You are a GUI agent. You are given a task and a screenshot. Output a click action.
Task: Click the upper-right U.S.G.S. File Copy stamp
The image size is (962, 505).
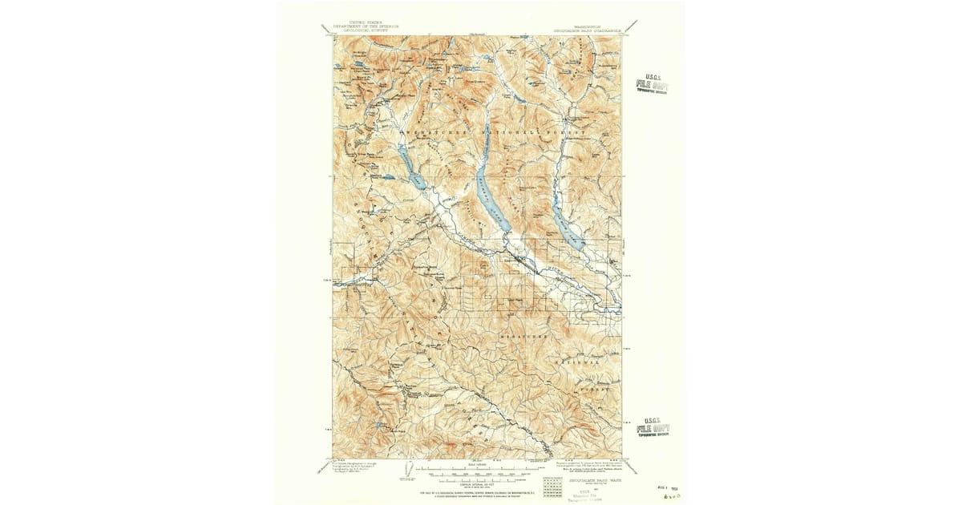pyautogui.click(x=651, y=83)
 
